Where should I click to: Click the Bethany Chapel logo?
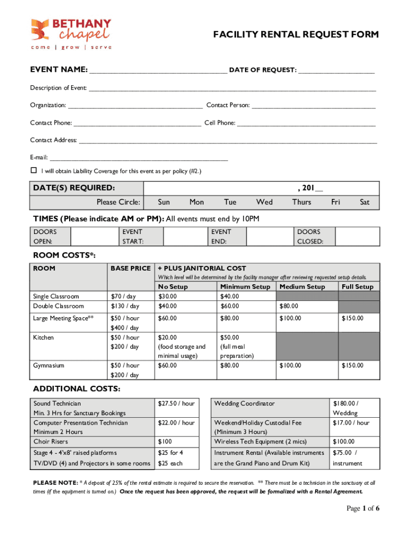(71, 34)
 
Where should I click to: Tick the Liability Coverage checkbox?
(33, 171)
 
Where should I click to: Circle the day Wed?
(264, 202)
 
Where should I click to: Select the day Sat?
(365, 202)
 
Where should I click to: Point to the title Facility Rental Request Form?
(296, 35)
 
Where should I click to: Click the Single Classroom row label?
(56, 296)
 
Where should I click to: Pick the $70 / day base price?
(124, 296)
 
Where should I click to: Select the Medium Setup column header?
(302, 287)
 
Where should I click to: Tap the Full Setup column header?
(357, 287)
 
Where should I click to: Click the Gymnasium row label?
(50, 365)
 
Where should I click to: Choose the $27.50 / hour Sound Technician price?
(176, 404)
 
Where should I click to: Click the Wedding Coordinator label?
(244, 404)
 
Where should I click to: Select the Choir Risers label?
(50, 442)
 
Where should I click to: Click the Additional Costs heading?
(77, 389)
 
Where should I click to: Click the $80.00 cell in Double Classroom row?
(288, 306)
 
